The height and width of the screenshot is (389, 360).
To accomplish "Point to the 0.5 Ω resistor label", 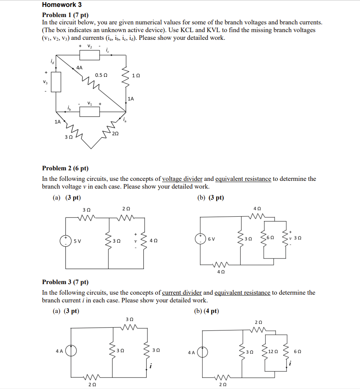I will click(101, 75).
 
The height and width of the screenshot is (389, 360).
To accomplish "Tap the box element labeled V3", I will click(56, 82).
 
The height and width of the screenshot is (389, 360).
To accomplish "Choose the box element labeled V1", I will click(90, 111).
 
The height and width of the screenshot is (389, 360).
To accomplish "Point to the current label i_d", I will click(52, 61).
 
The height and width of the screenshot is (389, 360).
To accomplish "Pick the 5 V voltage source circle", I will click(66, 241).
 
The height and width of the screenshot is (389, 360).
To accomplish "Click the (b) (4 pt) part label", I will click(206, 311).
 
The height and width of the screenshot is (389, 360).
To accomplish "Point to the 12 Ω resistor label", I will click(273, 351).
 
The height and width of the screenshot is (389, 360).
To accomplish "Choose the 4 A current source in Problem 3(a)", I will click(72, 351).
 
